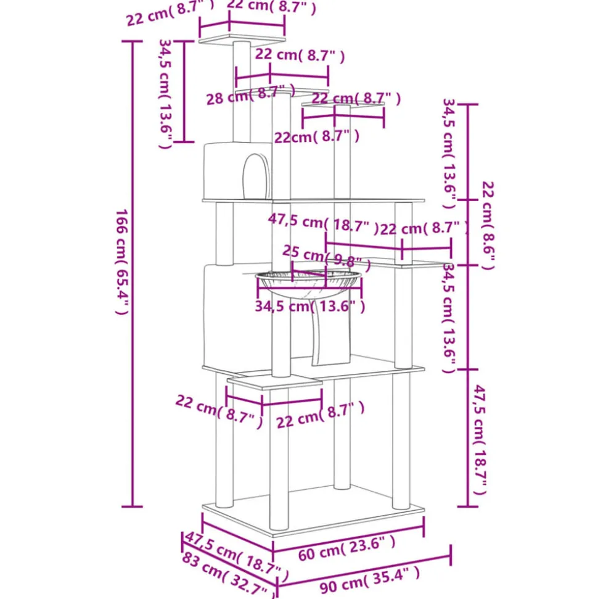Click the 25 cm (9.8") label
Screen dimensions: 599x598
[322, 255]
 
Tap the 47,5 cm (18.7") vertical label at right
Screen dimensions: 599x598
[480, 440]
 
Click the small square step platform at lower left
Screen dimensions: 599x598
[274, 383]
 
